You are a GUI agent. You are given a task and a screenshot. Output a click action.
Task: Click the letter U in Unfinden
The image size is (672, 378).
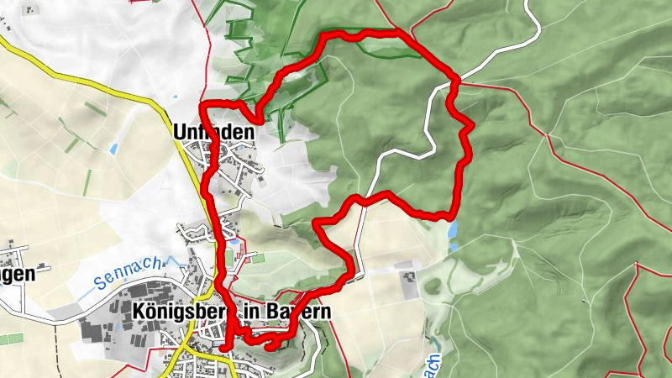click(179, 132)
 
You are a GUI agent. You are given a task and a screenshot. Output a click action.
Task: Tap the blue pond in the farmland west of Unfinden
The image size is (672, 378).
click(113, 149)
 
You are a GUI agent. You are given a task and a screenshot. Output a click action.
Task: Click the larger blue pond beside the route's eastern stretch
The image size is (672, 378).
click(454, 228)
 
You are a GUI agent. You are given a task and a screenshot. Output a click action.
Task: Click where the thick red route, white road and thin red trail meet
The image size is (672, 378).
click(454, 80)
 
